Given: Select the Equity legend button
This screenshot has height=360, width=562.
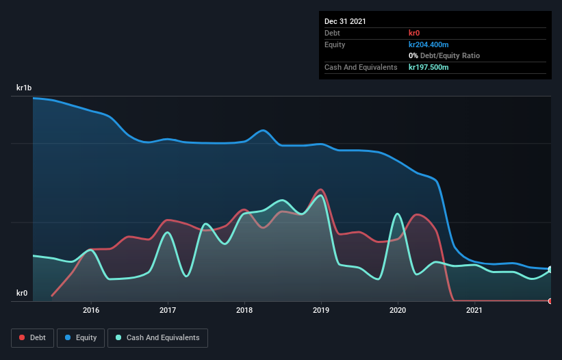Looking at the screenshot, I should pos(81,337).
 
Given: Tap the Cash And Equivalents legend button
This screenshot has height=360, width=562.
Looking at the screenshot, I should pos(157,337).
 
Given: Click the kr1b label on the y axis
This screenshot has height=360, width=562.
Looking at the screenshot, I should pos(24,88).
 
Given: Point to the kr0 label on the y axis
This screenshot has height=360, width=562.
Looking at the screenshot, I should pos(22,293).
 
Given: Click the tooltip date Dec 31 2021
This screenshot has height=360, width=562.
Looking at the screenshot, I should pos(345,21).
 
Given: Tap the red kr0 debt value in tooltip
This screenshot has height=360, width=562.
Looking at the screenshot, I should pos(414,33).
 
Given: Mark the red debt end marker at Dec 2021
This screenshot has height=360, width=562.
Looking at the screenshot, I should pos(550,301).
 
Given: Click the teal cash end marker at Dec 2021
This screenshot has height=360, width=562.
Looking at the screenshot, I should pos(550,270).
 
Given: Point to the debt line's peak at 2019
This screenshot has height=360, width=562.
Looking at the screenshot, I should pos(320,190).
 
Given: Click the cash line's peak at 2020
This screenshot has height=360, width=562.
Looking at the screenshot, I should pos(398,214).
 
